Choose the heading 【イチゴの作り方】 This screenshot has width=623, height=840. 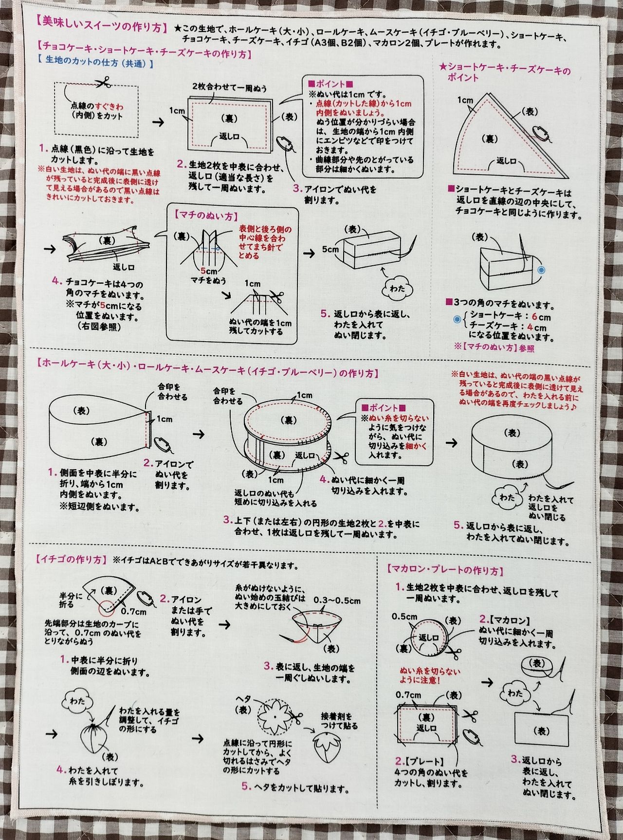(x=71, y=559)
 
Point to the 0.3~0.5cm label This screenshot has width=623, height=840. (x=337, y=601)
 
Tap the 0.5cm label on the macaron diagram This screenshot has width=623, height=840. (x=404, y=617)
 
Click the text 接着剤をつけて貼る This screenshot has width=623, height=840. (x=339, y=721)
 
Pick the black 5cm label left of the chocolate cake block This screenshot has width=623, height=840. (x=330, y=249)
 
